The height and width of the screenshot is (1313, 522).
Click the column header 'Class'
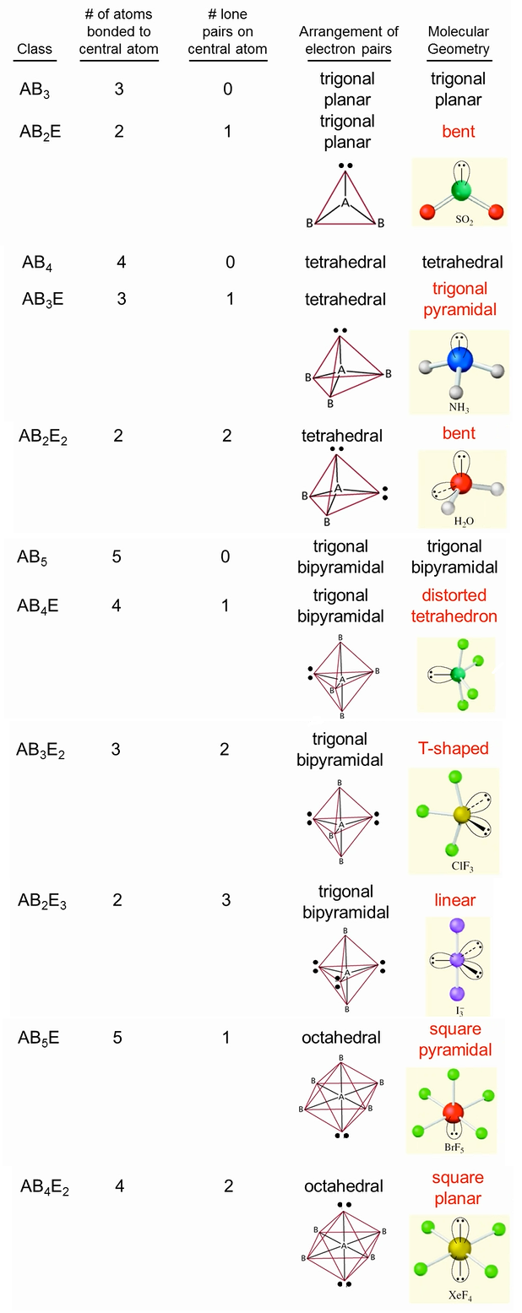click(35, 49)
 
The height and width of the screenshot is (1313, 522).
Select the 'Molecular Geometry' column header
click(459, 41)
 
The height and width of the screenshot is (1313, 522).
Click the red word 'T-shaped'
click(454, 749)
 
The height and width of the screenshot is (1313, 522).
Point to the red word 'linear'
click(455, 900)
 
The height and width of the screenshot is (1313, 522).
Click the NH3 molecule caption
click(459, 407)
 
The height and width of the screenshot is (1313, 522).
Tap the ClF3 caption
click(454, 866)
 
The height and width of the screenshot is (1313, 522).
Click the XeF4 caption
click(459, 1294)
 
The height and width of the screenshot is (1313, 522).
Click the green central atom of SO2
click(460, 190)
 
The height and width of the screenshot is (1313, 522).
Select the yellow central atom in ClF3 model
click(461, 815)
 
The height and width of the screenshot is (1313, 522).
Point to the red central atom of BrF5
click(452, 1111)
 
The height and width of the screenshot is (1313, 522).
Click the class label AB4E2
click(44, 1187)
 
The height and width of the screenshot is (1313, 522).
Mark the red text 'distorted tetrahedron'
click(454, 605)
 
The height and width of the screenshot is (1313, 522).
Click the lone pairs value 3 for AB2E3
click(226, 900)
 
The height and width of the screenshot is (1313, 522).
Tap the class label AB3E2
click(41, 750)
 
